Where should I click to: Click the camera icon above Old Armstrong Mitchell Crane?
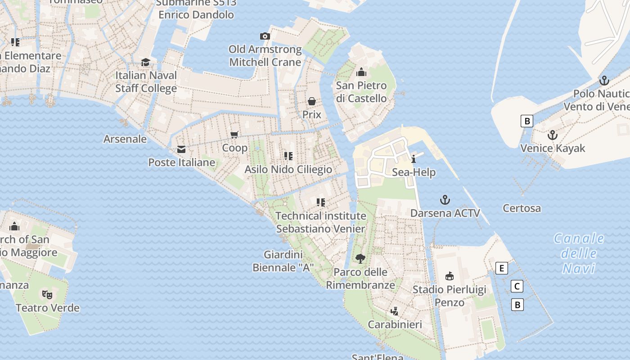[265, 36]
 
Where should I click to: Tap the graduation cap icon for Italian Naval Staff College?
[145, 62]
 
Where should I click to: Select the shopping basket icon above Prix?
[311, 101]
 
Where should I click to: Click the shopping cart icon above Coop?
[234, 135]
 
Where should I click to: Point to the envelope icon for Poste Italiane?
[181, 149]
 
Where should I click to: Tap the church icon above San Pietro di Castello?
[361, 72]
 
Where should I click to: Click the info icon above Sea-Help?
[414, 159]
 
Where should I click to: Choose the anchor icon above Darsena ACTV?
[445, 200]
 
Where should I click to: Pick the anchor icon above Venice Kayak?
[552, 135]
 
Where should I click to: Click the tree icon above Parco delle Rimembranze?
[360, 258]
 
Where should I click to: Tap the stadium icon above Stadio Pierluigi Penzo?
[449, 276]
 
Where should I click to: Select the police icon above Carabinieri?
[395, 311]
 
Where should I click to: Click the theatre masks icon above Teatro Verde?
[47, 295]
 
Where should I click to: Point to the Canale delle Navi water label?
[579, 253]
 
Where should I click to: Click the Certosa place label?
[522, 208]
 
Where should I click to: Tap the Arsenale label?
[125, 139]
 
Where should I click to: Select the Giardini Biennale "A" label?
[283, 261]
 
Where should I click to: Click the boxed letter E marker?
[501, 268]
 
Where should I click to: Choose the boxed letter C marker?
[517, 286]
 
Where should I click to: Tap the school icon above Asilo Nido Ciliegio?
[288, 156]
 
